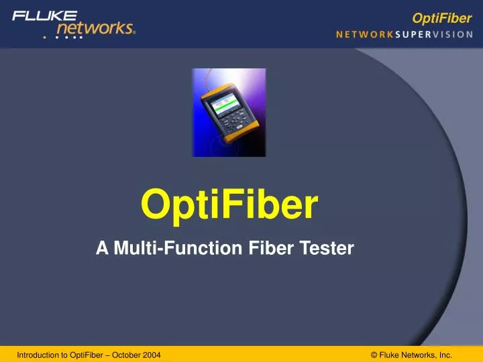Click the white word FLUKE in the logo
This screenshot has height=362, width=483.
pos(44,15)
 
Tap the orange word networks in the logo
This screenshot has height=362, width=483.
pos(95,28)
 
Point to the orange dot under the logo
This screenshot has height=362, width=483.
pos(45,37)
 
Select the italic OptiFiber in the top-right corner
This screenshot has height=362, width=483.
pos(442,18)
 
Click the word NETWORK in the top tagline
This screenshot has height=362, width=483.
pos(364,35)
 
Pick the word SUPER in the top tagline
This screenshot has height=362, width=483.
pos(412,35)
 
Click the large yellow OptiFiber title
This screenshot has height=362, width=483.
pos(229,206)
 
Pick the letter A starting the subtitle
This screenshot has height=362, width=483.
pos(102,249)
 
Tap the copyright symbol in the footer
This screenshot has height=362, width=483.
pos(374,355)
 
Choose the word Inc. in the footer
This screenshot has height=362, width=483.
pos(445,355)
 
